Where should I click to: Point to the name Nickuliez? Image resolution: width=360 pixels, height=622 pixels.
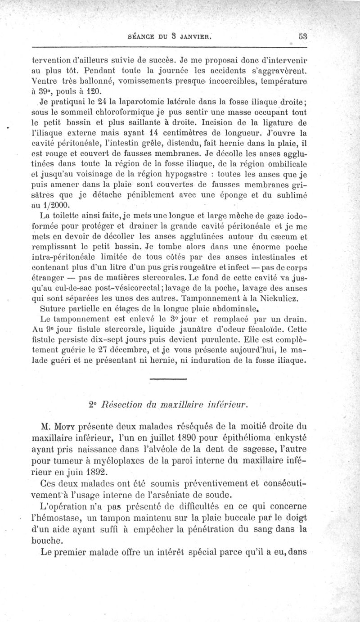pos(282,300)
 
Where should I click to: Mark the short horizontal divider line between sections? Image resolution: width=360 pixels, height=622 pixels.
pos(167,380)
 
